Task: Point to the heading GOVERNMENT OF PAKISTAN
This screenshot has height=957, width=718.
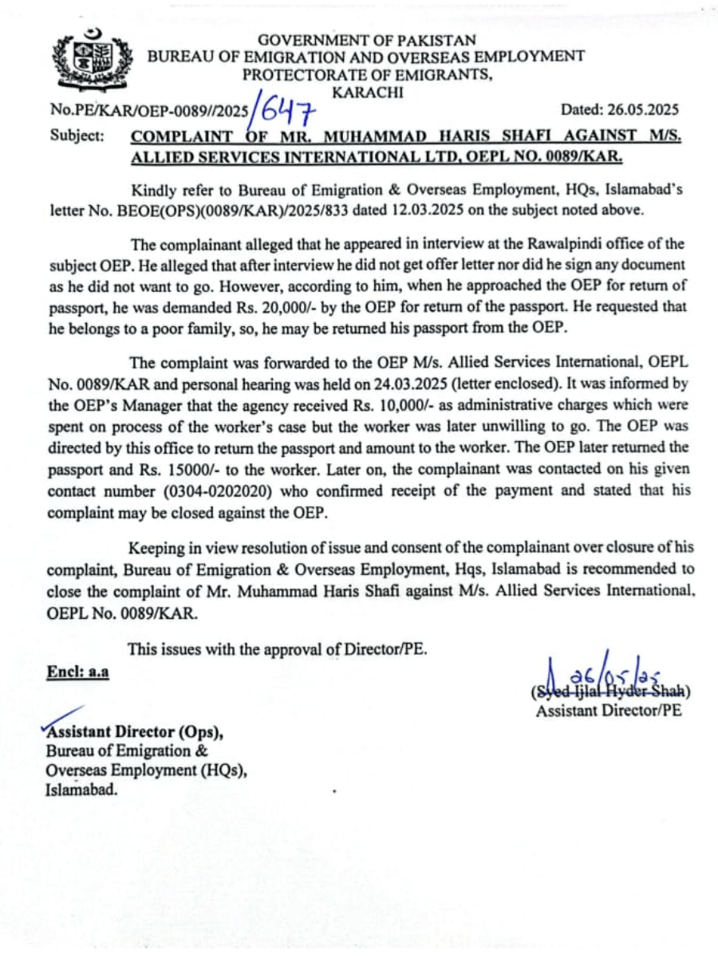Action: (367, 39)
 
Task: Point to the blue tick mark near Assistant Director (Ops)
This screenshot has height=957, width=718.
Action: (63, 717)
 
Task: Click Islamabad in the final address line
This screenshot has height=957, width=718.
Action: (81, 790)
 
